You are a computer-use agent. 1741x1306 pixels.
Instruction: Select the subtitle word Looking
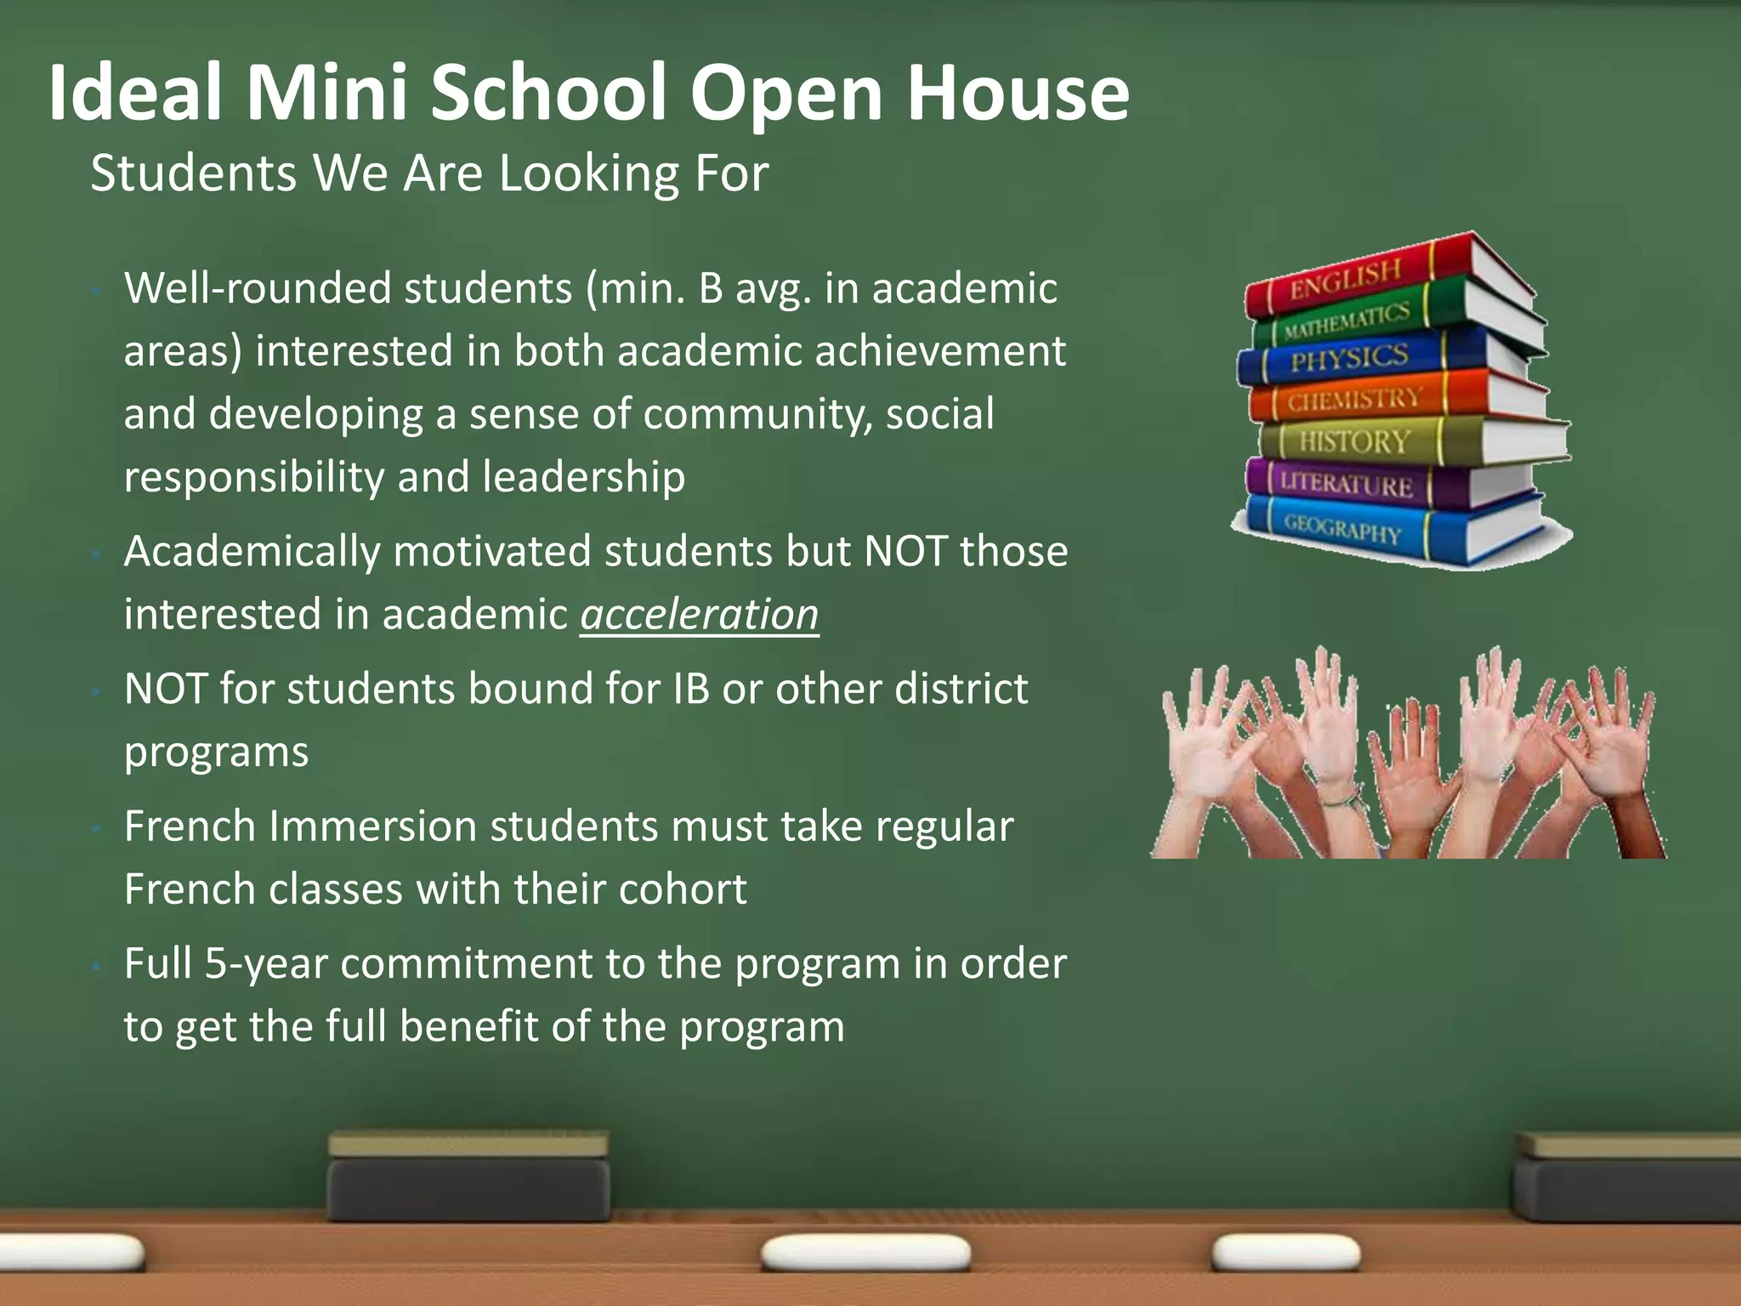click(x=590, y=173)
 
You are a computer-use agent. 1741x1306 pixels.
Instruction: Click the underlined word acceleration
click(x=700, y=614)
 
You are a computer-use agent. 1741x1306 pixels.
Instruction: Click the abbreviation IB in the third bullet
click(x=690, y=689)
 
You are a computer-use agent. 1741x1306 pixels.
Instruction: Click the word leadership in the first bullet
click(x=583, y=477)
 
